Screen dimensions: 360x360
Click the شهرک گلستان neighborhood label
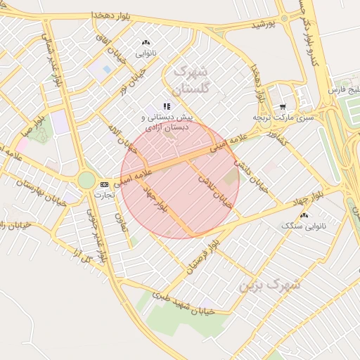(x=191, y=80)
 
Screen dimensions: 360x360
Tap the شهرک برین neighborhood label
(x=269, y=285)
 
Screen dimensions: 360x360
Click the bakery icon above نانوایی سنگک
(x=304, y=214)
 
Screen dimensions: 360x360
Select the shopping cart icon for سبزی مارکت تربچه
(x=283, y=107)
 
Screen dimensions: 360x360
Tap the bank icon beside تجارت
(x=105, y=184)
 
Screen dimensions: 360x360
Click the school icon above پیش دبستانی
(x=167, y=106)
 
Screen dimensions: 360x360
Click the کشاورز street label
(x=274, y=139)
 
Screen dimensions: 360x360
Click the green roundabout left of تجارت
(x=86, y=181)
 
